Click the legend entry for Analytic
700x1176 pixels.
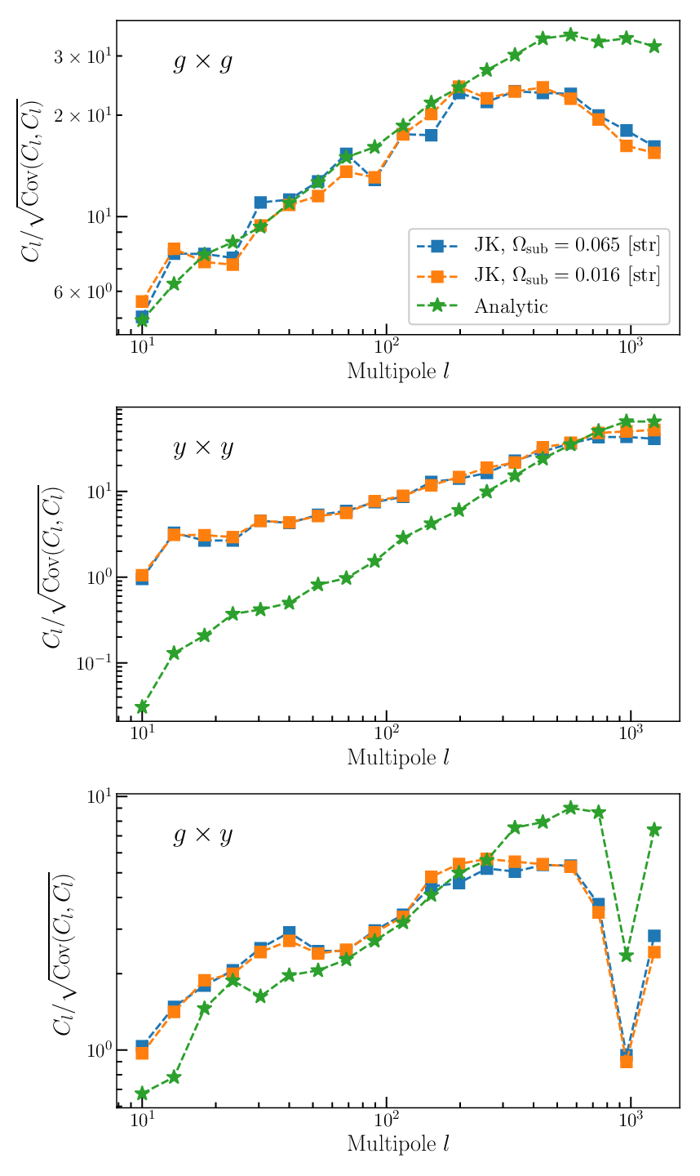pos(482,306)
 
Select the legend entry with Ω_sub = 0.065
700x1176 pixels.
pos(538,245)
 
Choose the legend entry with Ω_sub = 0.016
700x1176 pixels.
pos(538,275)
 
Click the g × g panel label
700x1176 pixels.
pos(203,62)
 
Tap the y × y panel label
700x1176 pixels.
pos(203,448)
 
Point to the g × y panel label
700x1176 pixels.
pos(203,835)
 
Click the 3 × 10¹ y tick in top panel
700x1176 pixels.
pos(81,56)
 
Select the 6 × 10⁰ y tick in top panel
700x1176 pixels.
pos(81,292)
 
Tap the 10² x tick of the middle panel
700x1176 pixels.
pos(387,733)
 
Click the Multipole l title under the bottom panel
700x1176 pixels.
pos(398,1144)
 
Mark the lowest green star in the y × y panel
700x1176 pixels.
pos(142,706)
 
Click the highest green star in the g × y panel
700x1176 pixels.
pos(570,808)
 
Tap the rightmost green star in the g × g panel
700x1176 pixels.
pos(653,47)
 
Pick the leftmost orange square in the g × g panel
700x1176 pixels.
pos(142,301)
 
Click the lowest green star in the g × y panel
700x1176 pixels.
pos(142,1094)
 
